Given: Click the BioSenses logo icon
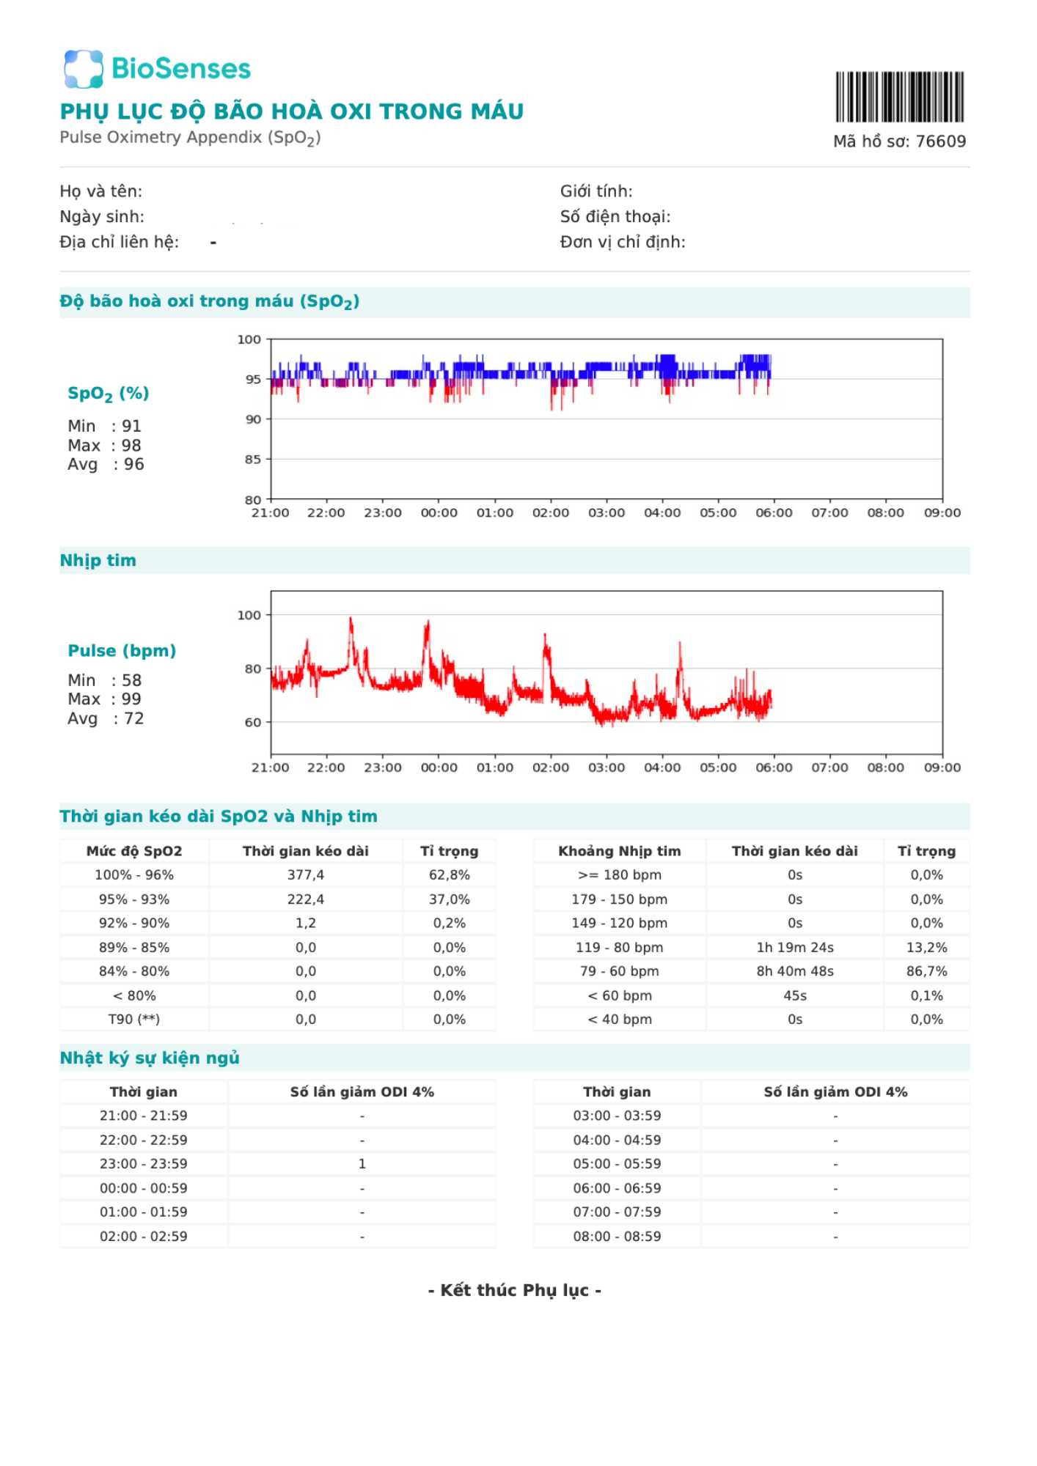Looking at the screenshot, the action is [84, 69].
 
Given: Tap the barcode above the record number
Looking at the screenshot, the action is [899, 97].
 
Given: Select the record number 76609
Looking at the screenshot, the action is [941, 141].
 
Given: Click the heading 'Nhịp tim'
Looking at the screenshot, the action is [98, 561].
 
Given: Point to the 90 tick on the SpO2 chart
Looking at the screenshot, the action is [253, 419].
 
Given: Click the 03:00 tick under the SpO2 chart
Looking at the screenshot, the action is [607, 513].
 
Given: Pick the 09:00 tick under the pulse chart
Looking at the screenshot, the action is [942, 767].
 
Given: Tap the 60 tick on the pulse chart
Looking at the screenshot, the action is [253, 722].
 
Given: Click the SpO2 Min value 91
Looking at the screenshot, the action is [131, 426].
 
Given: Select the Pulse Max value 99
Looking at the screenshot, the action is [131, 699].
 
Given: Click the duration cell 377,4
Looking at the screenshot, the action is [306, 875].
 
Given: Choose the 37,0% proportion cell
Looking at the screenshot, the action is [450, 899].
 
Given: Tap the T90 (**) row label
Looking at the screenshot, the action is [134, 1020].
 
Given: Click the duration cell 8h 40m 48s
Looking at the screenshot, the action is [795, 971].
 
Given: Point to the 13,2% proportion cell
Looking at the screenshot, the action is [927, 948].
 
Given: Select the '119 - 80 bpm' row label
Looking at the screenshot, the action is [620, 948].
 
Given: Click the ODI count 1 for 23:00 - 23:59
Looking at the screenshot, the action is [362, 1164].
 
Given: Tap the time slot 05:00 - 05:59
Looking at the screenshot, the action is [618, 1164].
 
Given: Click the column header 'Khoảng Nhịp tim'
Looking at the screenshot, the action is [620, 851].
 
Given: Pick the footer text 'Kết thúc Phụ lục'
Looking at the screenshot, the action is [515, 1290].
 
